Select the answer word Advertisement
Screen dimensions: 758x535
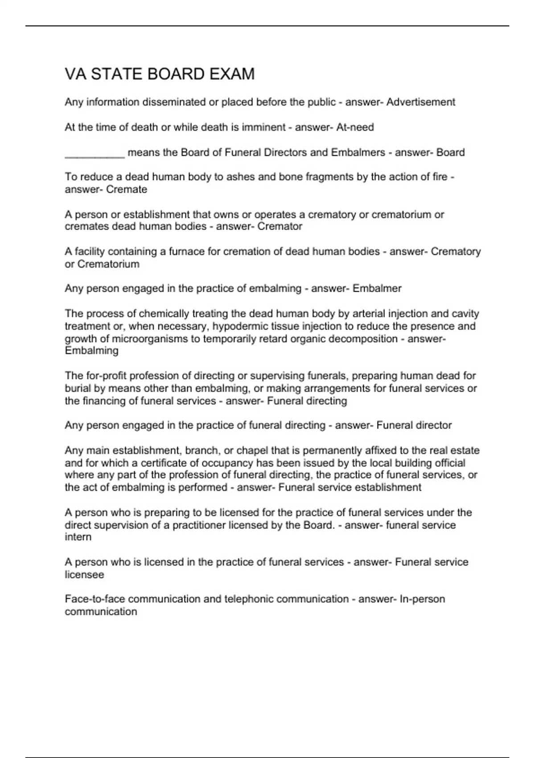pos(420,102)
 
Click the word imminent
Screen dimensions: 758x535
pos(263,128)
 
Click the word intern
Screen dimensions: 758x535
pos(78,537)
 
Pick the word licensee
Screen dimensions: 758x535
pos(84,575)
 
